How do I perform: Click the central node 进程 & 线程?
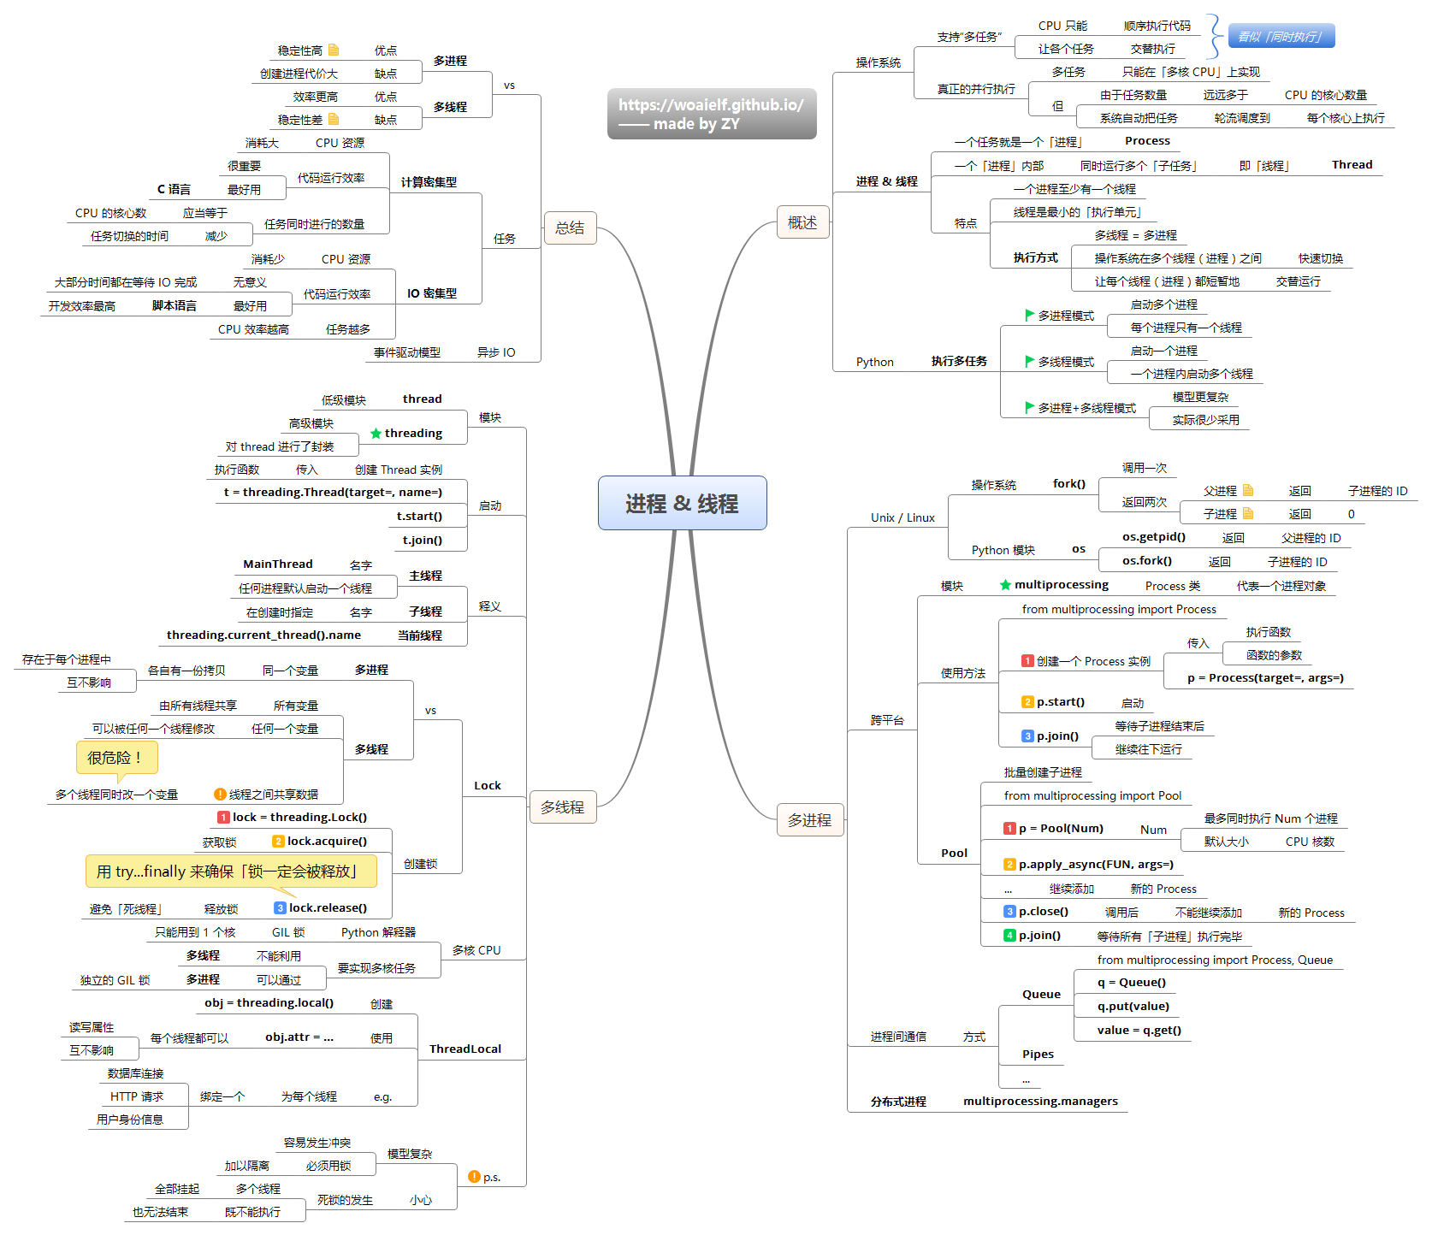tap(682, 503)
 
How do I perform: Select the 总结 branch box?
tap(570, 227)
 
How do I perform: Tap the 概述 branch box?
tap(802, 222)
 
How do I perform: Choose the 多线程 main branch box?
tap(562, 807)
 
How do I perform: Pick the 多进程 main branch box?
tap(809, 819)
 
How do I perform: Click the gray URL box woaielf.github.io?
tap(712, 114)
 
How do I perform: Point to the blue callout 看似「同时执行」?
tap(1281, 36)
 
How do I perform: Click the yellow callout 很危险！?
tap(116, 758)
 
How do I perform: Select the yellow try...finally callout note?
tap(231, 872)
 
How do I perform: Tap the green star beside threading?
tap(376, 434)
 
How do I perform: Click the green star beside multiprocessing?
tap(1005, 585)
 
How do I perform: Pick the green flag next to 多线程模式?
tap(1030, 361)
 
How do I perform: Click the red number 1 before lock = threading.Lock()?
tap(223, 818)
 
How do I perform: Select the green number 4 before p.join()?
tap(1009, 936)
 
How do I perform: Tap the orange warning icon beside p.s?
tap(474, 1177)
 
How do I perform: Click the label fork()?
tap(1068, 484)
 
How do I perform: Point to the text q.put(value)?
tap(1133, 1007)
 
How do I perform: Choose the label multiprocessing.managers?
tap(1040, 1102)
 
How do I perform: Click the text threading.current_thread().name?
tap(263, 635)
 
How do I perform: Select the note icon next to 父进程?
tap(1248, 490)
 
